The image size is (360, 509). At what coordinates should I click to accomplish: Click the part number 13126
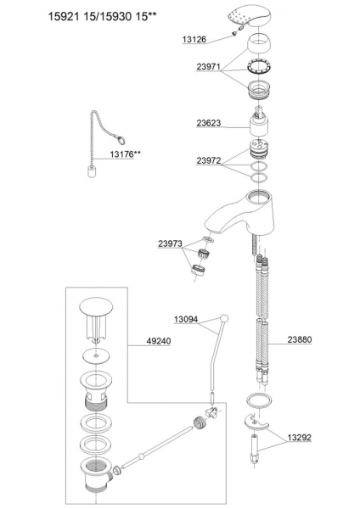click(194, 40)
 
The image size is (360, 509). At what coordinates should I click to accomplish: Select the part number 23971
click(208, 66)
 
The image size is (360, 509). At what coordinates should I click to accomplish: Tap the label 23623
click(208, 123)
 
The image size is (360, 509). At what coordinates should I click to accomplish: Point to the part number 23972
click(208, 160)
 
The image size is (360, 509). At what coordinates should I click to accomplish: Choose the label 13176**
click(125, 154)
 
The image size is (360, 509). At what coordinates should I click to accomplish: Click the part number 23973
click(171, 243)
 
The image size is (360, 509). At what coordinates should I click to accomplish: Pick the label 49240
click(158, 341)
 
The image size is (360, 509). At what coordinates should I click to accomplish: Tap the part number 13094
click(186, 320)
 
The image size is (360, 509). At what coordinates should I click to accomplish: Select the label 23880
click(299, 339)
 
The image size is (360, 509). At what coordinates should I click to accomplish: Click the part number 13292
click(299, 437)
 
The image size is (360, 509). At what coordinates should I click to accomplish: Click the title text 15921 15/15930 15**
click(100, 17)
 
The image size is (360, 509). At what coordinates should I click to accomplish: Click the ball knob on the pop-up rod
click(224, 318)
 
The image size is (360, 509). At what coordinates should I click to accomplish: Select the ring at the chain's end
click(121, 141)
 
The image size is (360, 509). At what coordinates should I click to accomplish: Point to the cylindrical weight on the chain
click(91, 171)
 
